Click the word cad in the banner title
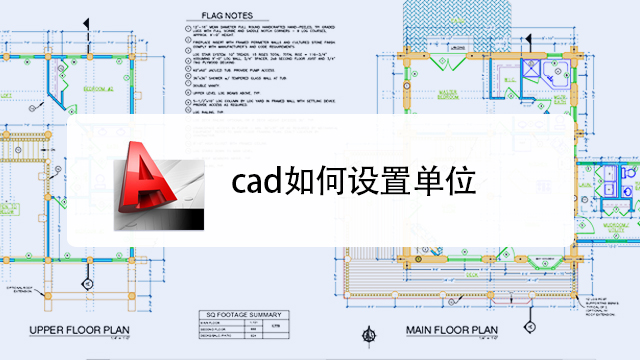click(x=255, y=183)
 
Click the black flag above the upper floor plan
click(x=86, y=23)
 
